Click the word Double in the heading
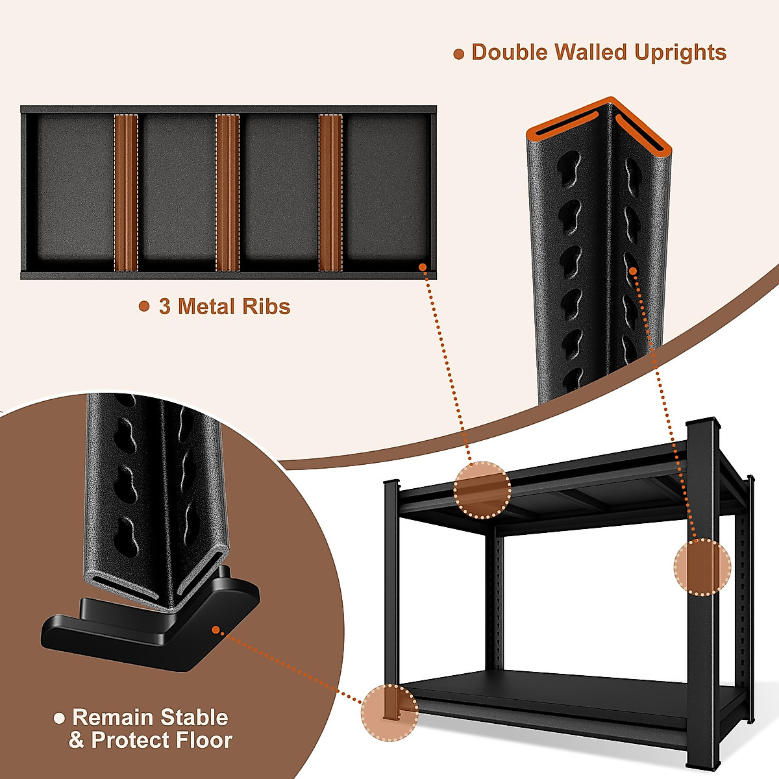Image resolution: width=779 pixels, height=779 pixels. [x=510, y=53]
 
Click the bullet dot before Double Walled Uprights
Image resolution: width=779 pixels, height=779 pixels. [x=459, y=55]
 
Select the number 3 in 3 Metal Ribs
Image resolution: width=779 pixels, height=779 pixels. [x=165, y=306]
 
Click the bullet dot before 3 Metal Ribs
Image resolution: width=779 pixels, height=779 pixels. [x=144, y=306]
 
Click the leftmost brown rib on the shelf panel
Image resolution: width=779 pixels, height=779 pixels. [x=126, y=193]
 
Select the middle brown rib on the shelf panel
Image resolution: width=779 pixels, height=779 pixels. [x=227, y=193]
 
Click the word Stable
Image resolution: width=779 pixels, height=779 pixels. [x=194, y=717]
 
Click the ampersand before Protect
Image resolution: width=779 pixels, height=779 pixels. [x=77, y=741]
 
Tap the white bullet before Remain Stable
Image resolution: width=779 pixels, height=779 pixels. [x=60, y=718]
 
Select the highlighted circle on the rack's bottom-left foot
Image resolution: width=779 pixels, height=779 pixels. [x=390, y=713]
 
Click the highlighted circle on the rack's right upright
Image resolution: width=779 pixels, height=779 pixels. [x=702, y=567]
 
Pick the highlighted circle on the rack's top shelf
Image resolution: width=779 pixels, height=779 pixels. [x=482, y=489]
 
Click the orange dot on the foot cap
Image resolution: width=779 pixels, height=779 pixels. [x=216, y=629]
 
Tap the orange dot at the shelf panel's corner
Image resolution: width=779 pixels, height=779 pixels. [x=423, y=267]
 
